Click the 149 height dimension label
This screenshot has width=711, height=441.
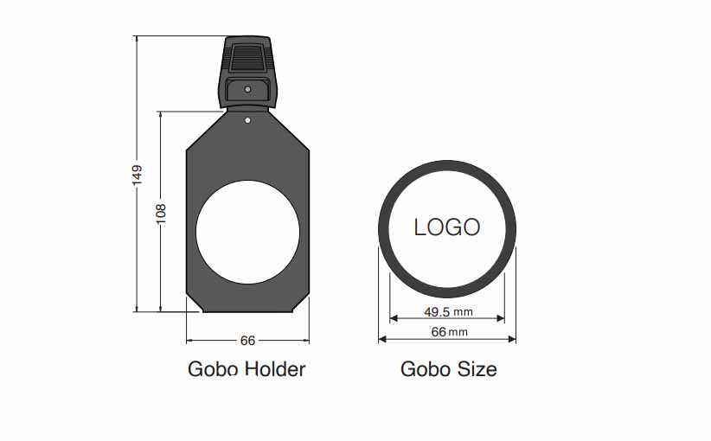click(x=137, y=175)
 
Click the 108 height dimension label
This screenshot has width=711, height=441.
click(x=161, y=214)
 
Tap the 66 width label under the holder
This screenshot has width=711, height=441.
click(x=248, y=341)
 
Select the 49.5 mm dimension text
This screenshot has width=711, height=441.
click(x=448, y=312)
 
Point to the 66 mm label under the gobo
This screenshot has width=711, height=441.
click(x=450, y=332)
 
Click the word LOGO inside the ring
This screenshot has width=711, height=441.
click(x=447, y=227)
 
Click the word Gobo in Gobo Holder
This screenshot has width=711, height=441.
click(x=213, y=369)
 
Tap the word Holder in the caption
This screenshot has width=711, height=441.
click(x=275, y=369)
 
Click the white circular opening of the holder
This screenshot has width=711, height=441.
click(x=248, y=232)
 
